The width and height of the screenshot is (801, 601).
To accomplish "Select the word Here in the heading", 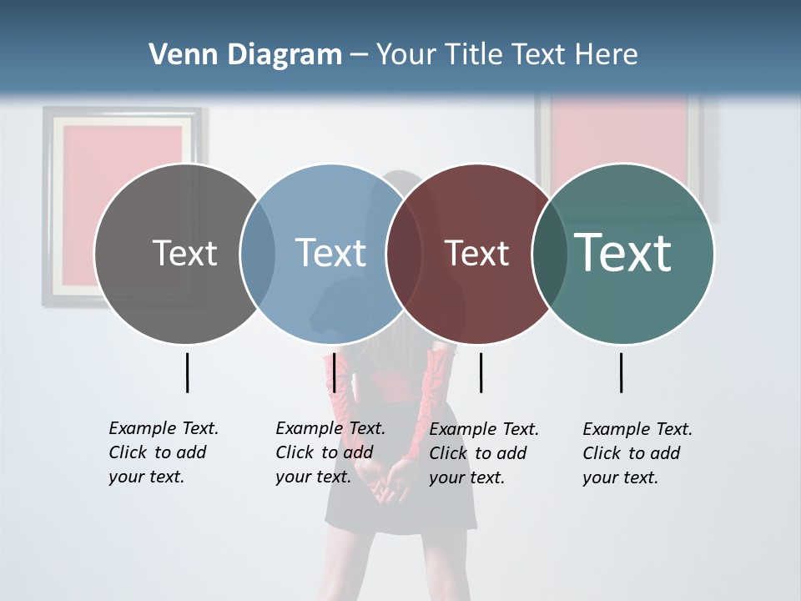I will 607,55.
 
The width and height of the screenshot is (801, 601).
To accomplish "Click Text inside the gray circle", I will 184,253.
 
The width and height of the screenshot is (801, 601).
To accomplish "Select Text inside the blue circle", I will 330,253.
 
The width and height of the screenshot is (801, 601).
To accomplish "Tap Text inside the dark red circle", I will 476,253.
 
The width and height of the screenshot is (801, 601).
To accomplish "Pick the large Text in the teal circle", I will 623,252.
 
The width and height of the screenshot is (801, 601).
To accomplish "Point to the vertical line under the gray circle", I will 187,372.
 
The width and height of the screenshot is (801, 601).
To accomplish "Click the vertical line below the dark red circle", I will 481,372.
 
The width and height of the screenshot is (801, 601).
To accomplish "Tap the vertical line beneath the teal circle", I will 622,372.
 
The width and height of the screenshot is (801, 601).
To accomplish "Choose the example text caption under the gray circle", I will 163,452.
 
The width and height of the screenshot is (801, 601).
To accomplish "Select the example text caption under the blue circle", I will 330,452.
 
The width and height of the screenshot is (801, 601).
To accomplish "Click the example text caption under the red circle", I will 484,453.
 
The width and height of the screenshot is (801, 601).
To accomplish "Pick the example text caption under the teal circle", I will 637,453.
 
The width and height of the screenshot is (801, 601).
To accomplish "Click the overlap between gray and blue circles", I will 258,254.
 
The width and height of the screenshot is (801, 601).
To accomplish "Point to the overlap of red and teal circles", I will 550,254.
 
